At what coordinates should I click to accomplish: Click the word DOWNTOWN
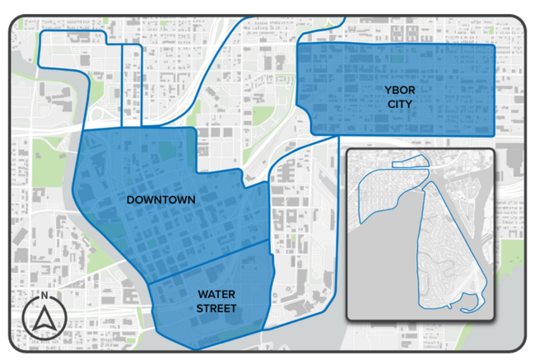(160, 200)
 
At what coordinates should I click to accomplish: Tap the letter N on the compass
(44, 295)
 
